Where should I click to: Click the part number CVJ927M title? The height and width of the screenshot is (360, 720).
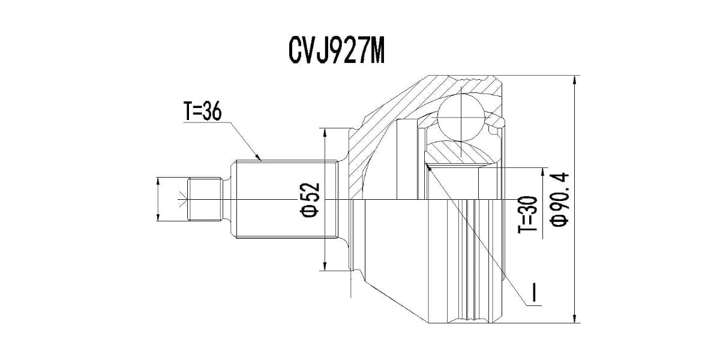click(336, 52)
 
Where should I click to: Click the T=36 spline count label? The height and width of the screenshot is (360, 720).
click(202, 112)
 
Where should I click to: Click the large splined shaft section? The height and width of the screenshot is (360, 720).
click(282, 199)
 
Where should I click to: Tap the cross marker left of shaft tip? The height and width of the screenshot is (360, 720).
click(182, 199)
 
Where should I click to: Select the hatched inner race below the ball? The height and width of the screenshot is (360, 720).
click(459, 153)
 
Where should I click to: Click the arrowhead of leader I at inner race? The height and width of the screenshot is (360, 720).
click(431, 167)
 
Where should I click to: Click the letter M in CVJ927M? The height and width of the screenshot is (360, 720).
click(374, 52)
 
